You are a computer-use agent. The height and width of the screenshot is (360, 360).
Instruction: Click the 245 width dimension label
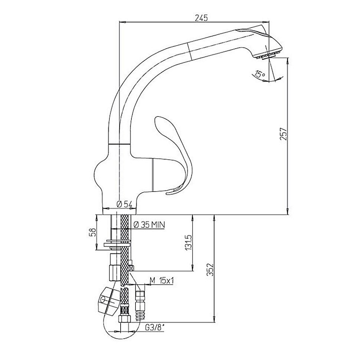[201, 17]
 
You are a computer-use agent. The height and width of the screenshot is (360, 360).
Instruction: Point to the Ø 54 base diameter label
[124, 204]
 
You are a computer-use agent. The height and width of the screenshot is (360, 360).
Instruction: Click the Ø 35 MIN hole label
[149, 225]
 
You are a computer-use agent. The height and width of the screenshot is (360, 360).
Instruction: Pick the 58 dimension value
[94, 232]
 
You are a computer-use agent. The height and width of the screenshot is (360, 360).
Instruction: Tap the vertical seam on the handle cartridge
[153, 174]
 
